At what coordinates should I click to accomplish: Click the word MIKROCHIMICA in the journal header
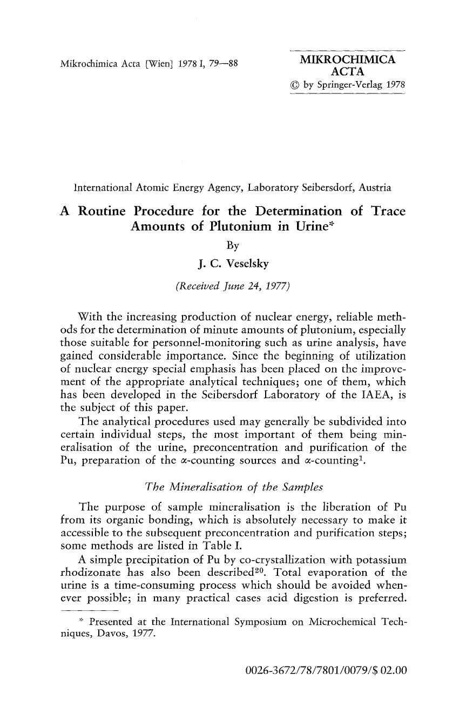point(348,59)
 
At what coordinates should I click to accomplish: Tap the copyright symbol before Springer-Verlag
point(295,85)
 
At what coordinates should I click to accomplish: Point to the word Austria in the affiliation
point(373,188)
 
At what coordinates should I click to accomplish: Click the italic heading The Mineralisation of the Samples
point(233,487)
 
